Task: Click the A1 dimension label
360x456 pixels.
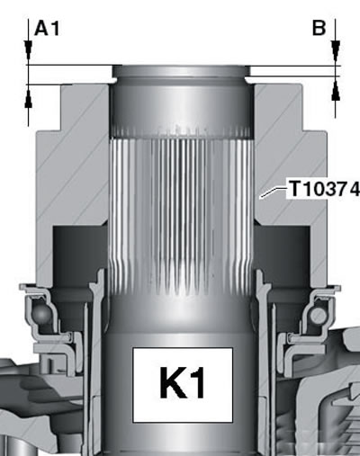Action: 47,29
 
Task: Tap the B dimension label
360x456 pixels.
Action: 319,28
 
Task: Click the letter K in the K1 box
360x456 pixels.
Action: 172,383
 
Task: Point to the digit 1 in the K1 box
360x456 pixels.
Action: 196,383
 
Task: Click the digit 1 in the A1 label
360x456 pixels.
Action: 56,29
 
